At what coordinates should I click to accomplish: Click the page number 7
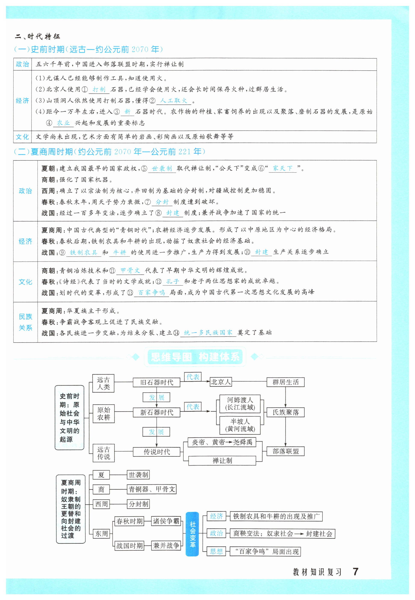(355, 571)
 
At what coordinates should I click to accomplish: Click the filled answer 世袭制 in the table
(162, 168)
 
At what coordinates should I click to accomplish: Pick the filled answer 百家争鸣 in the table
(151, 293)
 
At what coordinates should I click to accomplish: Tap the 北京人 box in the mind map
(220, 382)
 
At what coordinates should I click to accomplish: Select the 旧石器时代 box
(156, 382)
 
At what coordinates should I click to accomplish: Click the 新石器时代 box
(156, 412)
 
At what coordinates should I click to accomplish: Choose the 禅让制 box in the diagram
(222, 461)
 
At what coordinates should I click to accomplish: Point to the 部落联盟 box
(285, 451)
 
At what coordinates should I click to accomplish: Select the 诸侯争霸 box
(166, 521)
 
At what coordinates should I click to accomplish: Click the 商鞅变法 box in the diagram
(282, 534)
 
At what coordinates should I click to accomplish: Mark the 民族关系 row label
(25, 322)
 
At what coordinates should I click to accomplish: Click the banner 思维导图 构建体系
(195, 357)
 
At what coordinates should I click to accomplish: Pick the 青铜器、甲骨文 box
(152, 489)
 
